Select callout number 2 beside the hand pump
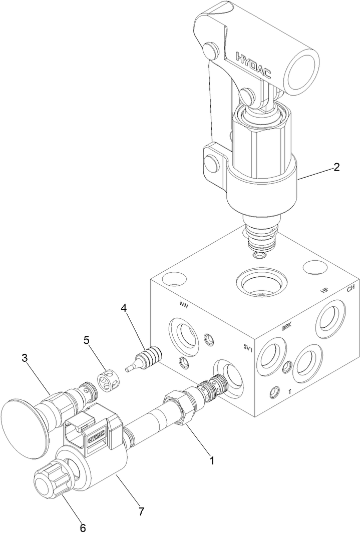tap(336, 167)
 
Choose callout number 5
tap(86, 340)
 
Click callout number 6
tap(83, 527)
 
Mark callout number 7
tap(142, 511)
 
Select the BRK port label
tap(286, 327)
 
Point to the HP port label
tap(324, 291)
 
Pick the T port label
tap(290, 393)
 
